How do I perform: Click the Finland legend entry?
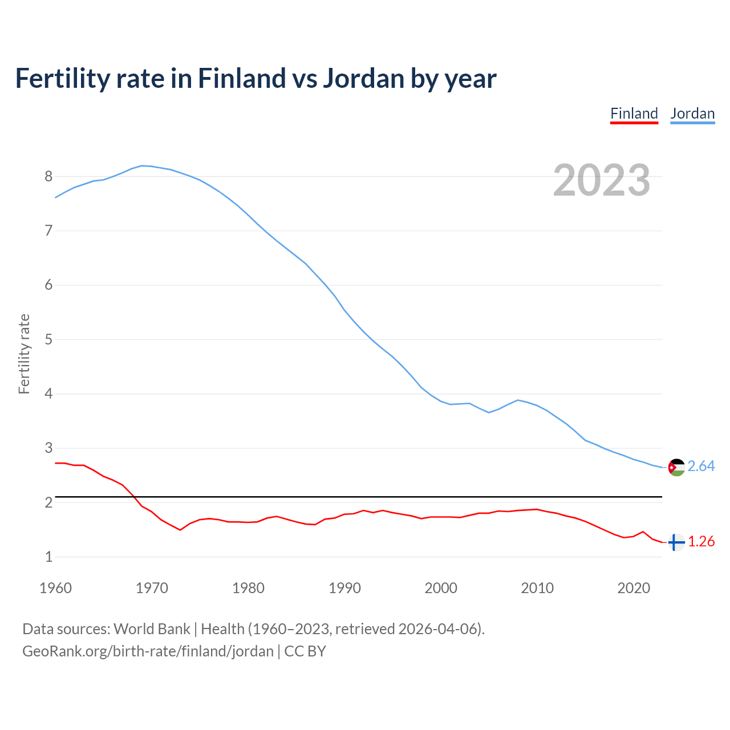click(x=634, y=113)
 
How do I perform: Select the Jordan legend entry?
click(x=692, y=113)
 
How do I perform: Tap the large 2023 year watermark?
click(x=602, y=180)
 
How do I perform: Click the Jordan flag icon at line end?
click(x=676, y=467)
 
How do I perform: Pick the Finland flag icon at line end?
click(x=676, y=542)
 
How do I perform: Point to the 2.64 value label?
click(x=701, y=467)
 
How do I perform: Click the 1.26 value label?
click(x=701, y=542)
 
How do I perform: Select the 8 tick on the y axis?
click(x=48, y=177)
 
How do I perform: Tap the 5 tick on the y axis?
click(x=48, y=340)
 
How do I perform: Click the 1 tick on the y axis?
click(x=48, y=557)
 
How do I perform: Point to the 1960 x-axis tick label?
click(x=55, y=588)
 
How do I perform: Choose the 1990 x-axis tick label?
click(x=344, y=588)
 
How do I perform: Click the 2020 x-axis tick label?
click(x=634, y=588)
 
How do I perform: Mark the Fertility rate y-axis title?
click(x=24, y=354)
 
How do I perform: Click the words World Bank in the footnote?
click(x=152, y=629)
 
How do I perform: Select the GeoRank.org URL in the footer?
click(x=148, y=651)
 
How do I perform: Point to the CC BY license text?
click(x=305, y=651)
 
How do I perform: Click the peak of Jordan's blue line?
click(x=143, y=165)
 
